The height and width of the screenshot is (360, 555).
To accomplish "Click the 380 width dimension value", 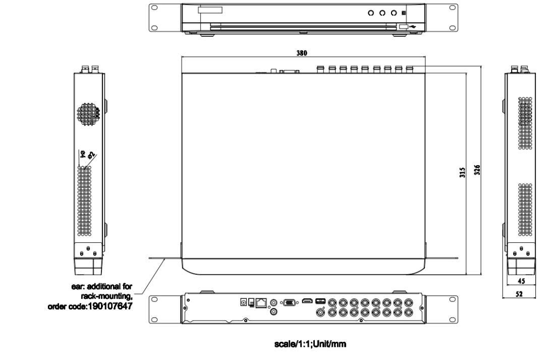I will point(302,53).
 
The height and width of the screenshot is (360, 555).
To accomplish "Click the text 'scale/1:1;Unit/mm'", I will point(310,344).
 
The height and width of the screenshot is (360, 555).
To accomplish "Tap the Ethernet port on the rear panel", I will point(261,302).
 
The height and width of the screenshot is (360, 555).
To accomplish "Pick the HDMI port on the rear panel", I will point(307,301).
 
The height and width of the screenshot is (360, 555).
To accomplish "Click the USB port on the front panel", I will point(403,27).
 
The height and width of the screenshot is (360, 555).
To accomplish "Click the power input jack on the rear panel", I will point(244,302).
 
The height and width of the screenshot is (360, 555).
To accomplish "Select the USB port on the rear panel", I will point(320,301).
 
